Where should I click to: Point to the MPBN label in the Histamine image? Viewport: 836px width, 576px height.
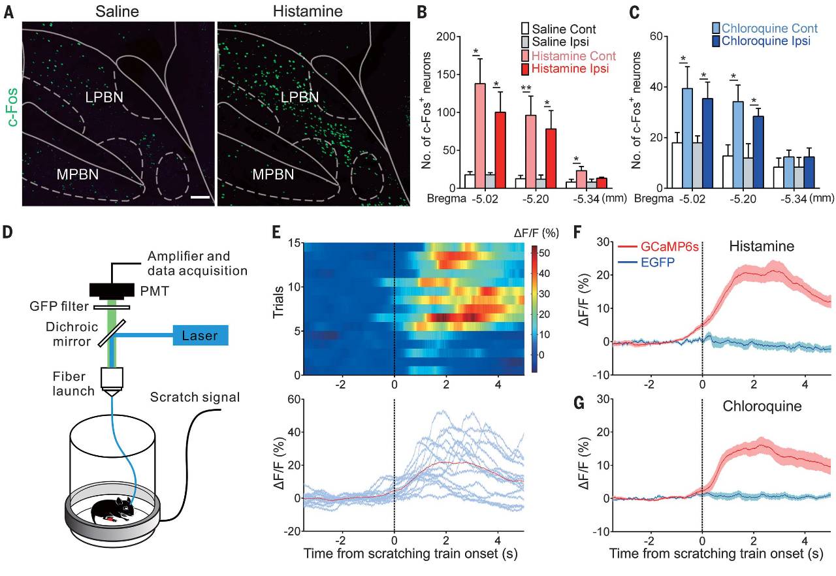272,174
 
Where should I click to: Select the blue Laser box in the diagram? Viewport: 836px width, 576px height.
201,336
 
